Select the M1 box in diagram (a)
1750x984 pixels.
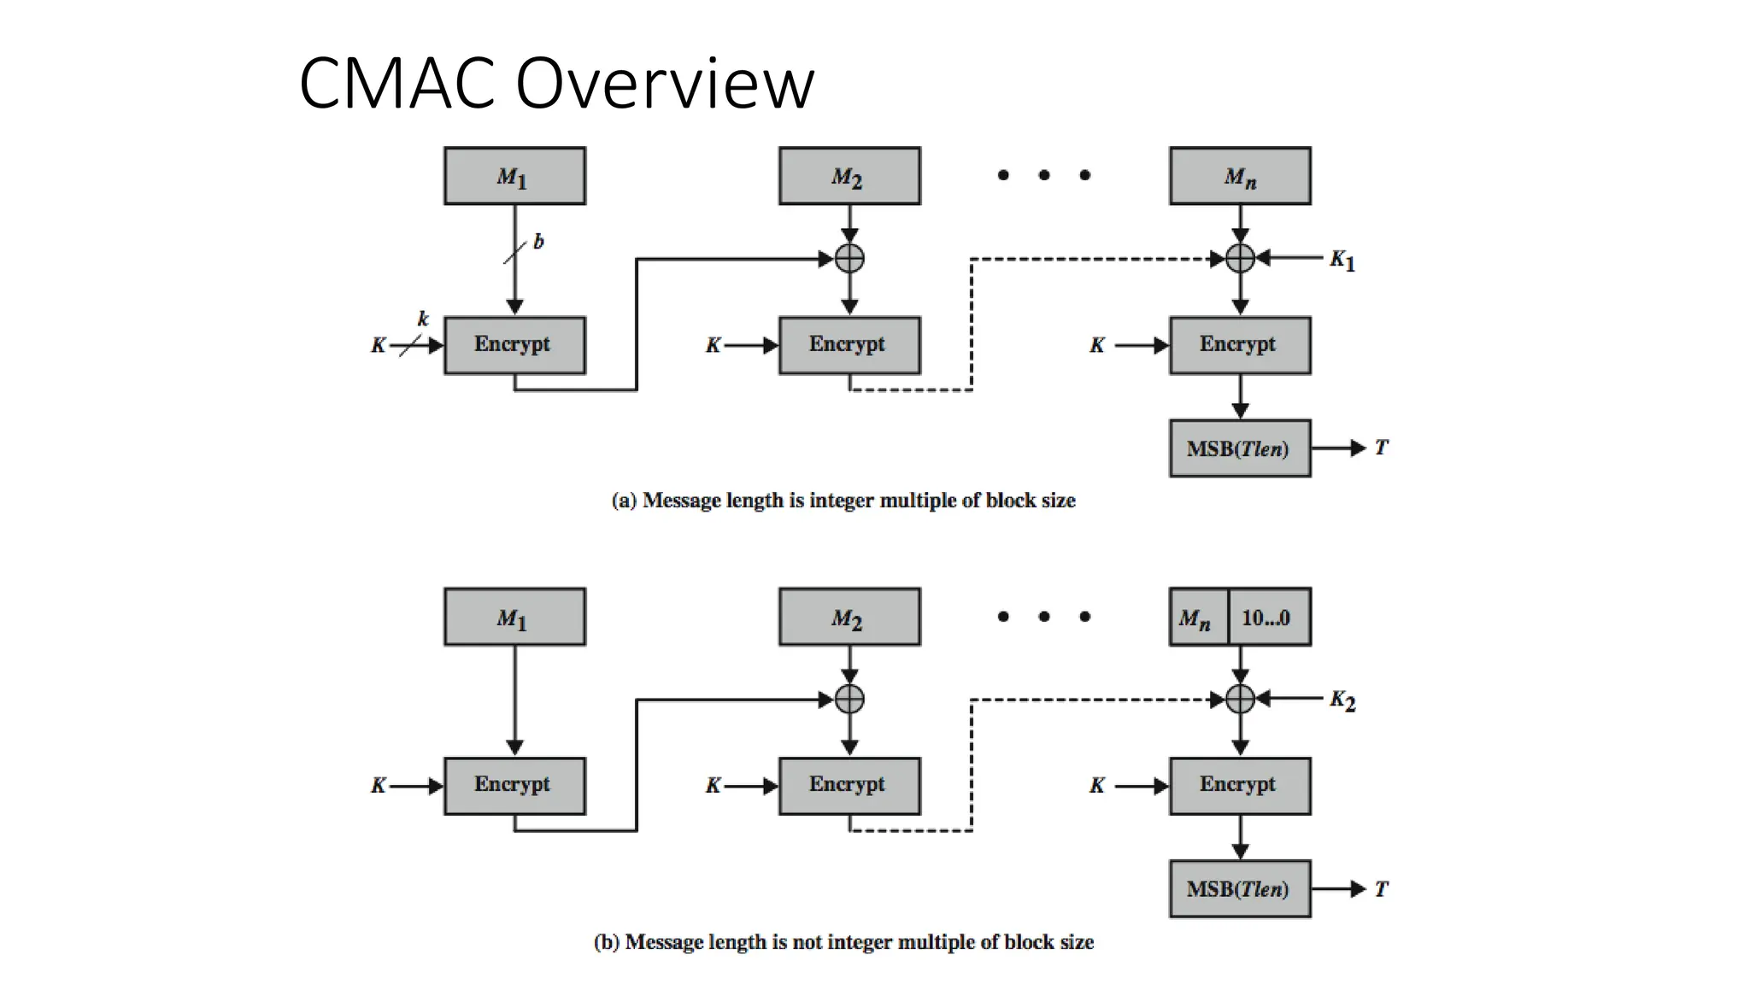(514, 176)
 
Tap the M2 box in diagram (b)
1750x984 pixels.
(849, 617)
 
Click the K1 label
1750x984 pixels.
(1342, 260)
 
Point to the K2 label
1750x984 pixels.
(1342, 700)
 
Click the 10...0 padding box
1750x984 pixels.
(1267, 617)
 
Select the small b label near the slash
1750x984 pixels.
(538, 242)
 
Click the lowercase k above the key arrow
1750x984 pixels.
(423, 319)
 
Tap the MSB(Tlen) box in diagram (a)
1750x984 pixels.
(1239, 448)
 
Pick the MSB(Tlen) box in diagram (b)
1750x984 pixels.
(1239, 889)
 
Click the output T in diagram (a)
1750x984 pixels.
(1381, 448)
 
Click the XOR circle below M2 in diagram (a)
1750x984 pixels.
(849, 258)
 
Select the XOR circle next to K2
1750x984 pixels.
(1240, 700)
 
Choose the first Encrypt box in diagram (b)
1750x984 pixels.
(514, 785)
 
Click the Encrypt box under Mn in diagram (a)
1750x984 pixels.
(1239, 345)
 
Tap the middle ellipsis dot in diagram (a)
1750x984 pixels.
(1044, 175)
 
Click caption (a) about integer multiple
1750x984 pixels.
(843, 501)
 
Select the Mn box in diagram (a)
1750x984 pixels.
(1239, 176)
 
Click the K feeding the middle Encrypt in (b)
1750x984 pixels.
(713, 786)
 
